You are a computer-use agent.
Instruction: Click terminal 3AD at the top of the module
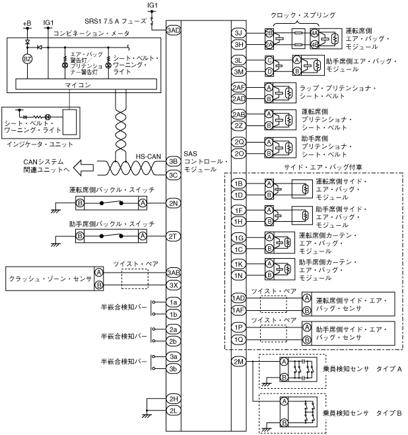click(x=174, y=30)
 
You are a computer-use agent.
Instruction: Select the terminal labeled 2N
click(x=174, y=203)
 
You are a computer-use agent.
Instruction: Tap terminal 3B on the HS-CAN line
click(x=174, y=160)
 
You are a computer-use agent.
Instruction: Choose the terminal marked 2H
click(x=174, y=399)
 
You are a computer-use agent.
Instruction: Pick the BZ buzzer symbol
click(x=28, y=59)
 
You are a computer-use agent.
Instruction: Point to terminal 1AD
click(x=239, y=298)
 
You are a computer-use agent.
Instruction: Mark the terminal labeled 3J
click(x=239, y=32)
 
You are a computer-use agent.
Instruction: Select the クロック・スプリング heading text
click(x=303, y=14)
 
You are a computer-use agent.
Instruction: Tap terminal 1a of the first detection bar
click(x=174, y=302)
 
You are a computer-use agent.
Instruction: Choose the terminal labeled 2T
click(x=174, y=236)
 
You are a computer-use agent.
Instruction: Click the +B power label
click(x=27, y=24)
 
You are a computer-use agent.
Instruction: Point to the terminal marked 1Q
click(x=239, y=339)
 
